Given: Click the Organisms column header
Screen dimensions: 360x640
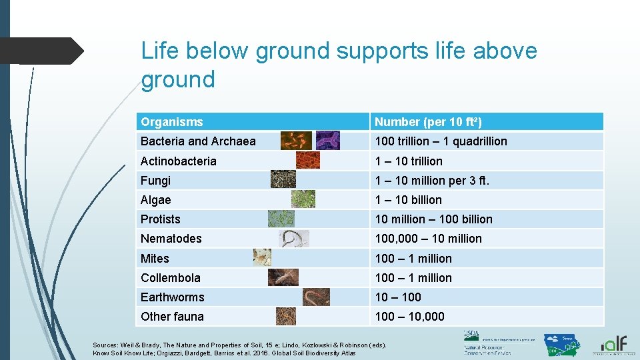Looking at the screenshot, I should pyautogui.click(x=172, y=122).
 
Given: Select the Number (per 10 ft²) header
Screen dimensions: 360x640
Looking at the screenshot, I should pyautogui.click(x=428, y=122).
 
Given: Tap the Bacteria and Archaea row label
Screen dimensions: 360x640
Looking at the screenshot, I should pyautogui.click(x=198, y=141).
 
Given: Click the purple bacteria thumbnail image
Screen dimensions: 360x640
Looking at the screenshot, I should pyautogui.click(x=327, y=140).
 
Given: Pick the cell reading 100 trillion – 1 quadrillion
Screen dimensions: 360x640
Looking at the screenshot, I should pyautogui.click(x=441, y=141).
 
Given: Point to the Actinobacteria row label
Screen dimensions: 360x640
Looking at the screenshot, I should pyautogui.click(x=179, y=161).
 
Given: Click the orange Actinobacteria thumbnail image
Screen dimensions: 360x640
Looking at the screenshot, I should pyautogui.click(x=307, y=160).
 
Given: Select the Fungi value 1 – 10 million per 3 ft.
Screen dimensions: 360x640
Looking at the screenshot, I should pyautogui.click(x=432, y=180).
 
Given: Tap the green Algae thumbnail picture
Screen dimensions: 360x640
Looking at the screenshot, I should pyautogui.click(x=303, y=199).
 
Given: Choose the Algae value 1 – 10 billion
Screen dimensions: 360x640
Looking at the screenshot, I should pyautogui.click(x=408, y=199).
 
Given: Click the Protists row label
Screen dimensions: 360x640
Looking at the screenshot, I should pyautogui.click(x=161, y=219).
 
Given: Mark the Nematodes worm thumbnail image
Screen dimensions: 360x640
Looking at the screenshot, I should pyautogui.click(x=294, y=238).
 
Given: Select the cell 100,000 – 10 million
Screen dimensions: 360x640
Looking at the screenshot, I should pyautogui.click(x=428, y=238).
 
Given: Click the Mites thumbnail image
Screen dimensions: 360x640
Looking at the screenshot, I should pyautogui.click(x=262, y=257).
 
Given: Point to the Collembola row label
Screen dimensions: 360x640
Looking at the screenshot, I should pyautogui.click(x=171, y=277).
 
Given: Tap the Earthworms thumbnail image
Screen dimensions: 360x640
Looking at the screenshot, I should pyautogui.click(x=316, y=297).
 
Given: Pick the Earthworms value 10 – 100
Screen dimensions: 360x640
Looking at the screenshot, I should pyautogui.click(x=398, y=297).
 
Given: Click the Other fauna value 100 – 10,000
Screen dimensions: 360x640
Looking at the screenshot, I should pyautogui.click(x=409, y=316).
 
